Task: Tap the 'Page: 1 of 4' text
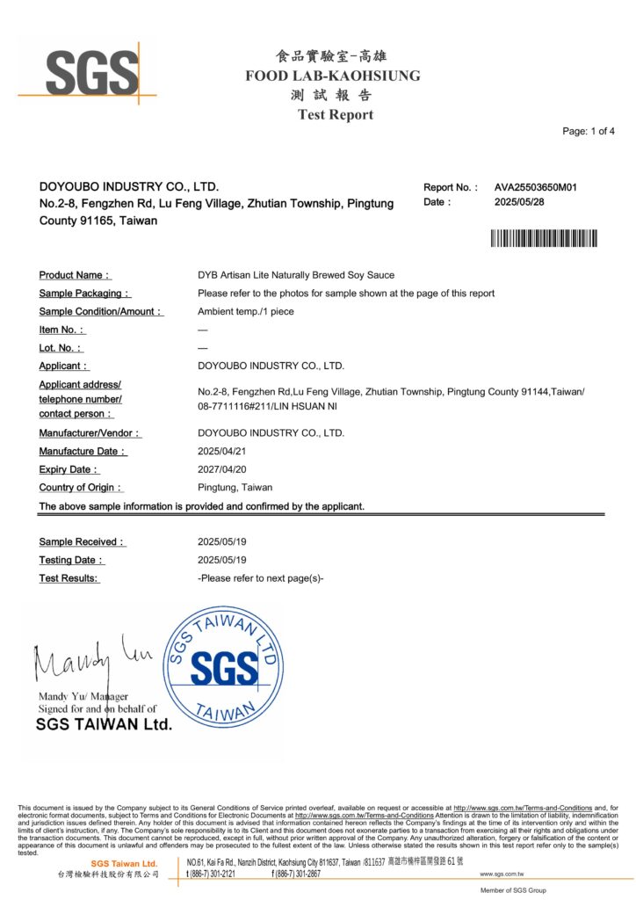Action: (x=588, y=131)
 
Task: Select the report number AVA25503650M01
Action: (x=535, y=187)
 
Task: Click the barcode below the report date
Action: (x=544, y=237)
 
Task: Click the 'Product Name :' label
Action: (x=75, y=275)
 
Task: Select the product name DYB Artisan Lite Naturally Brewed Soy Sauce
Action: (x=296, y=275)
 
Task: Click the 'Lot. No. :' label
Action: (x=61, y=348)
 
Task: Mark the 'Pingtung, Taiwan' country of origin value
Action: (x=235, y=487)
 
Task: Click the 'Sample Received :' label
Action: (x=82, y=542)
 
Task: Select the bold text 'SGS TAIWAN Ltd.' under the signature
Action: (x=104, y=725)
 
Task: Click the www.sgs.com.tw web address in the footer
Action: (x=502, y=874)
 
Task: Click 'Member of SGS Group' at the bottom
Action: (x=513, y=890)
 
